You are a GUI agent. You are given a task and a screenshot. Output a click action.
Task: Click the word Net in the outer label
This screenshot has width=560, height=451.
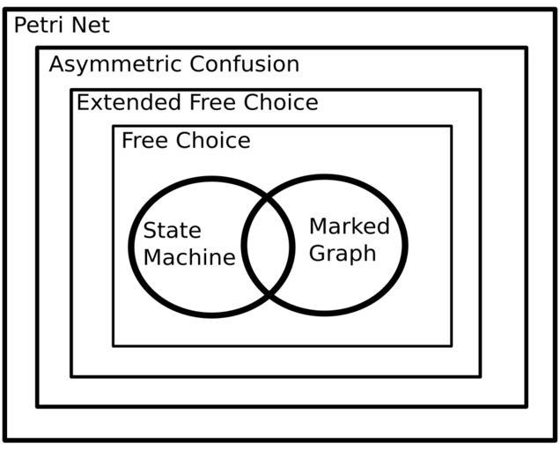click(93, 25)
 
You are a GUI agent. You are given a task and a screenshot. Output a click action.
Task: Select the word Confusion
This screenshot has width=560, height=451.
click(246, 64)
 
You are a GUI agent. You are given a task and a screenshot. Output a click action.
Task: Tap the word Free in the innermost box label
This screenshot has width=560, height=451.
click(146, 141)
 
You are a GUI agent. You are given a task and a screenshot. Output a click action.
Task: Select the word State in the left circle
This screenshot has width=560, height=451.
click(172, 232)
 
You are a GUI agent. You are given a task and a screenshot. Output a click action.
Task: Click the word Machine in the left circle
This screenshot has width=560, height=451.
click(188, 257)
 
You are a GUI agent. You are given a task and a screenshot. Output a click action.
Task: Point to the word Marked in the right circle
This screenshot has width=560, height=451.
click(349, 226)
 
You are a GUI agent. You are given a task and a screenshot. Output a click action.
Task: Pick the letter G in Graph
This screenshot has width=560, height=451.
click(320, 253)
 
